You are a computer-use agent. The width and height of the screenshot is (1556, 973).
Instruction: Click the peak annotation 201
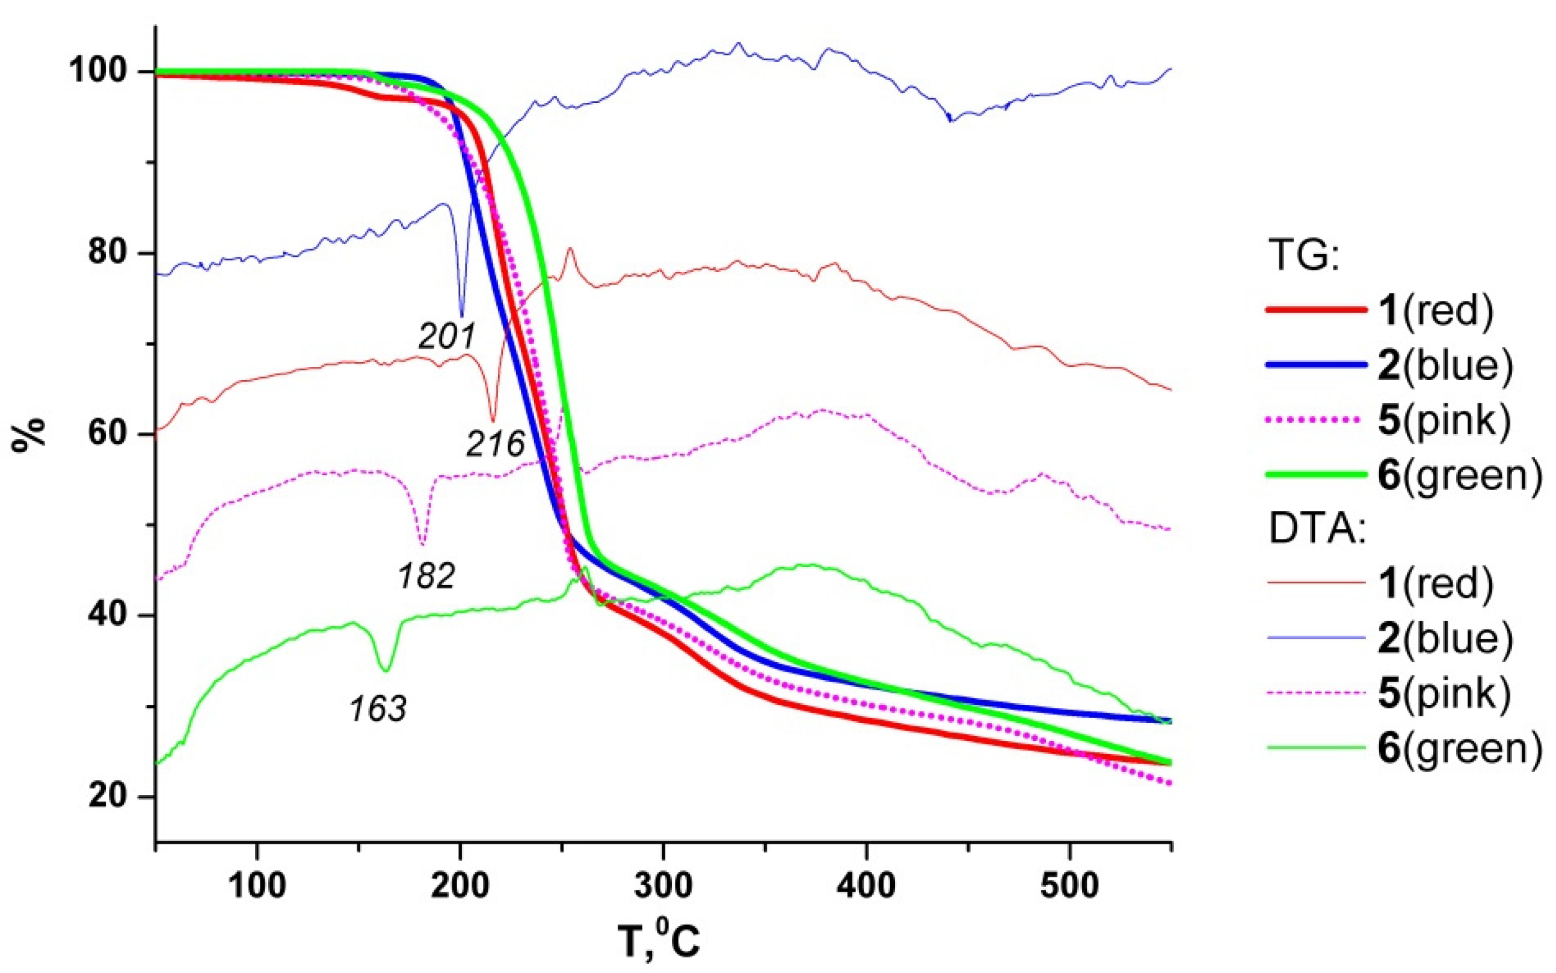[447, 336]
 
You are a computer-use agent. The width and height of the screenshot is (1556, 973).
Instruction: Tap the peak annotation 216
[495, 444]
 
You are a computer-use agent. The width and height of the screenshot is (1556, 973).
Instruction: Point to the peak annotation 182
[426, 576]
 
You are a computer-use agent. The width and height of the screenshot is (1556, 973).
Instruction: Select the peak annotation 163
[378, 709]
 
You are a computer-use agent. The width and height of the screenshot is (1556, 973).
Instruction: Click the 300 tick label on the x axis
[663, 886]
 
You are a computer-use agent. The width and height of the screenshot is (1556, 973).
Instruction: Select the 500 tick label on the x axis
[1069, 886]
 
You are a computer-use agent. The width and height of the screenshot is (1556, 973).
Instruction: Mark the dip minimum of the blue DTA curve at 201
[461, 316]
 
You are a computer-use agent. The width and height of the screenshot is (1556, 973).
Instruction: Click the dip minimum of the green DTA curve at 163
[386, 671]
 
